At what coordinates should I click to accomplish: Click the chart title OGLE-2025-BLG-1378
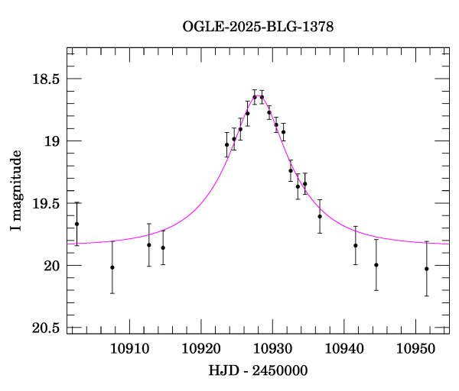pos(258,26)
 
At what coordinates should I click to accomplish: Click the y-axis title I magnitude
pos(16,192)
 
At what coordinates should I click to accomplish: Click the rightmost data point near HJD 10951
pos(426,269)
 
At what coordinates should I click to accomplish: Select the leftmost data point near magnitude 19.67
pos(76,224)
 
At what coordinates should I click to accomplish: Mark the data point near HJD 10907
pos(112,267)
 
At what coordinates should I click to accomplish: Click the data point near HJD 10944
pos(376,265)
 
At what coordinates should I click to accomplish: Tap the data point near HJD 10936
pos(320,216)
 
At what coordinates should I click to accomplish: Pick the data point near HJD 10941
pos(356,245)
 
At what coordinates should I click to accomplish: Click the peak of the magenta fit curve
pos(258,96)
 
